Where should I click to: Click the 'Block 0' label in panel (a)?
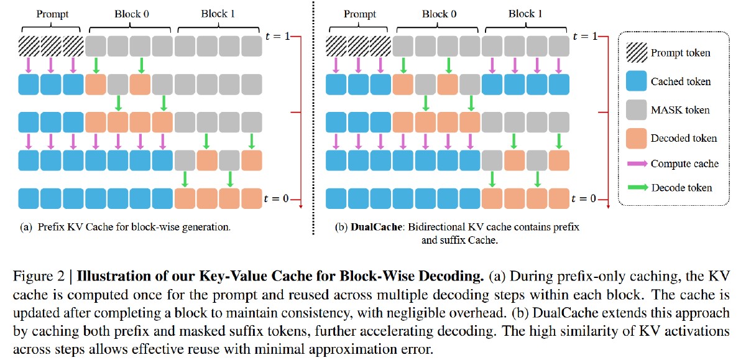coord(131,13)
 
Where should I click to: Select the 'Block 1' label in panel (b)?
coord(526,13)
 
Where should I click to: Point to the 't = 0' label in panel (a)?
coord(275,199)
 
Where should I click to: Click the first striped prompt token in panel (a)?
coord(29,45)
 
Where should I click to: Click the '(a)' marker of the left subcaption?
coord(27,228)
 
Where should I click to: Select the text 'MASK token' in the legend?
coord(680,110)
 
